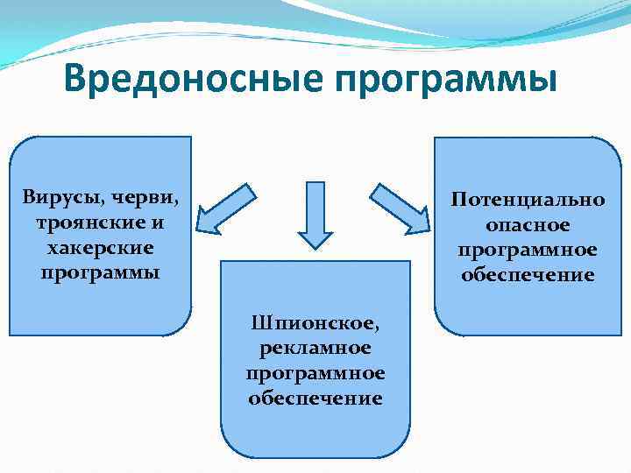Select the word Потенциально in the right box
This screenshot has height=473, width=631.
click(528, 199)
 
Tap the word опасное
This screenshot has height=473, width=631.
click(528, 224)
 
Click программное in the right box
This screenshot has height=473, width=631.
click(528, 250)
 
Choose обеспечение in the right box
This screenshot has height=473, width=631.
click(528, 275)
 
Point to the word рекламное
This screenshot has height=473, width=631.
click(315, 348)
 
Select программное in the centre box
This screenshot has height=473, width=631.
click(315, 373)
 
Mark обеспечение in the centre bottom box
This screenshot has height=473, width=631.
click(315, 399)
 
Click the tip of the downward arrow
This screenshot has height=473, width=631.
click(315, 248)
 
